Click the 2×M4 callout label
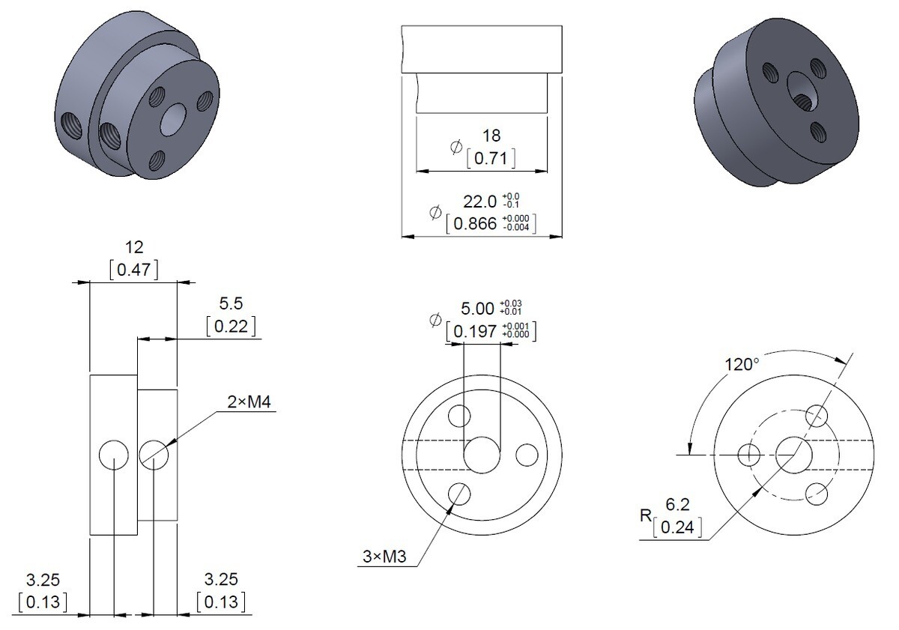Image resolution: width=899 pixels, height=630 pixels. (x=249, y=402)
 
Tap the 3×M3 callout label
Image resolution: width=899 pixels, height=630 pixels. (x=384, y=557)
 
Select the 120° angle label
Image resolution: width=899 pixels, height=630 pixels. (x=742, y=365)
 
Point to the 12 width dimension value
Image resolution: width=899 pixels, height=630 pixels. (x=134, y=247)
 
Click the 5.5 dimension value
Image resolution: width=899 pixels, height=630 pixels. (x=231, y=303)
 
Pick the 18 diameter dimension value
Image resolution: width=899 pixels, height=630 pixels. (x=491, y=136)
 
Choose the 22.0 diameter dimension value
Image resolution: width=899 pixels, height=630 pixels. (x=479, y=202)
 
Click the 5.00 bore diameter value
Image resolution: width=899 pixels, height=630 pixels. (x=477, y=309)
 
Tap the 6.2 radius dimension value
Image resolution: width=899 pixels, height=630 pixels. (x=677, y=504)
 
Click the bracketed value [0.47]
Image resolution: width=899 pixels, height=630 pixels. (x=134, y=269)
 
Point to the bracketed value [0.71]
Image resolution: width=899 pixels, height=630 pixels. (x=491, y=158)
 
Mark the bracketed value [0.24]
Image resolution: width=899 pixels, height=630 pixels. (x=677, y=527)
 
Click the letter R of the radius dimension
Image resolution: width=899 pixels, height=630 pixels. (x=646, y=515)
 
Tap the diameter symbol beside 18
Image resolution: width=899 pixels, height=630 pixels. (x=456, y=147)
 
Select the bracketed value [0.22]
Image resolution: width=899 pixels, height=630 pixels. (x=231, y=326)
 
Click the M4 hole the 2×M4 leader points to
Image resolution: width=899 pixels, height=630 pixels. (x=154, y=455)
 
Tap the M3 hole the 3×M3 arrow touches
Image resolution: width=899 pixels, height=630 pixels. (x=458, y=494)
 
